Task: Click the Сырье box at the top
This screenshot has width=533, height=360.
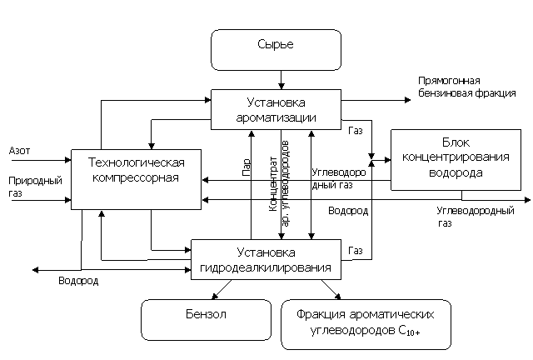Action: [x=276, y=50]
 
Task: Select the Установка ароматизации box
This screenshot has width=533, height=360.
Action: [x=276, y=109]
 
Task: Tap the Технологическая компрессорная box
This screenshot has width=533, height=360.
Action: [x=136, y=179]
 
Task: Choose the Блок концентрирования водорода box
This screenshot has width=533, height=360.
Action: [x=456, y=160]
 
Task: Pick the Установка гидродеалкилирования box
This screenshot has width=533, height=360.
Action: [x=266, y=260]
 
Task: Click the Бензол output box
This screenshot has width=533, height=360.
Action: [x=206, y=320]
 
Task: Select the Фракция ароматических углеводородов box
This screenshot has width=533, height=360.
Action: [x=366, y=324]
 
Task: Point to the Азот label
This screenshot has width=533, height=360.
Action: [x=19, y=151]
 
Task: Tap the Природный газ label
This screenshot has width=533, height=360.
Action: [x=35, y=187]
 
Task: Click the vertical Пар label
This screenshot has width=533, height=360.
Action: [x=247, y=167]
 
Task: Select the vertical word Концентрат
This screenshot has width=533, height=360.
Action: [x=273, y=184]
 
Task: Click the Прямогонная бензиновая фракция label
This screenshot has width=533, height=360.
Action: [x=466, y=87]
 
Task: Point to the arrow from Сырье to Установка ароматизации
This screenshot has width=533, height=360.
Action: [x=281, y=80]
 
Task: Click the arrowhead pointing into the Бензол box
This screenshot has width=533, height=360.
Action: [x=215, y=297]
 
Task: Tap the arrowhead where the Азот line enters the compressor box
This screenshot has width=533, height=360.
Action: [x=67, y=160]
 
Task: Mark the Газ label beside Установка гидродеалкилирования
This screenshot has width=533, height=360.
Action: [x=356, y=251]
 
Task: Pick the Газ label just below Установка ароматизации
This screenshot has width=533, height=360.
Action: [x=356, y=131]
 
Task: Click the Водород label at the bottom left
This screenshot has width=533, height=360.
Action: [x=78, y=281]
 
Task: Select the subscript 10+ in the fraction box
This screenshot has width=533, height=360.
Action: [x=413, y=332]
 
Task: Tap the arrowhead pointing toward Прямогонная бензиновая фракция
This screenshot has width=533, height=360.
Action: [x=407, y=100]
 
